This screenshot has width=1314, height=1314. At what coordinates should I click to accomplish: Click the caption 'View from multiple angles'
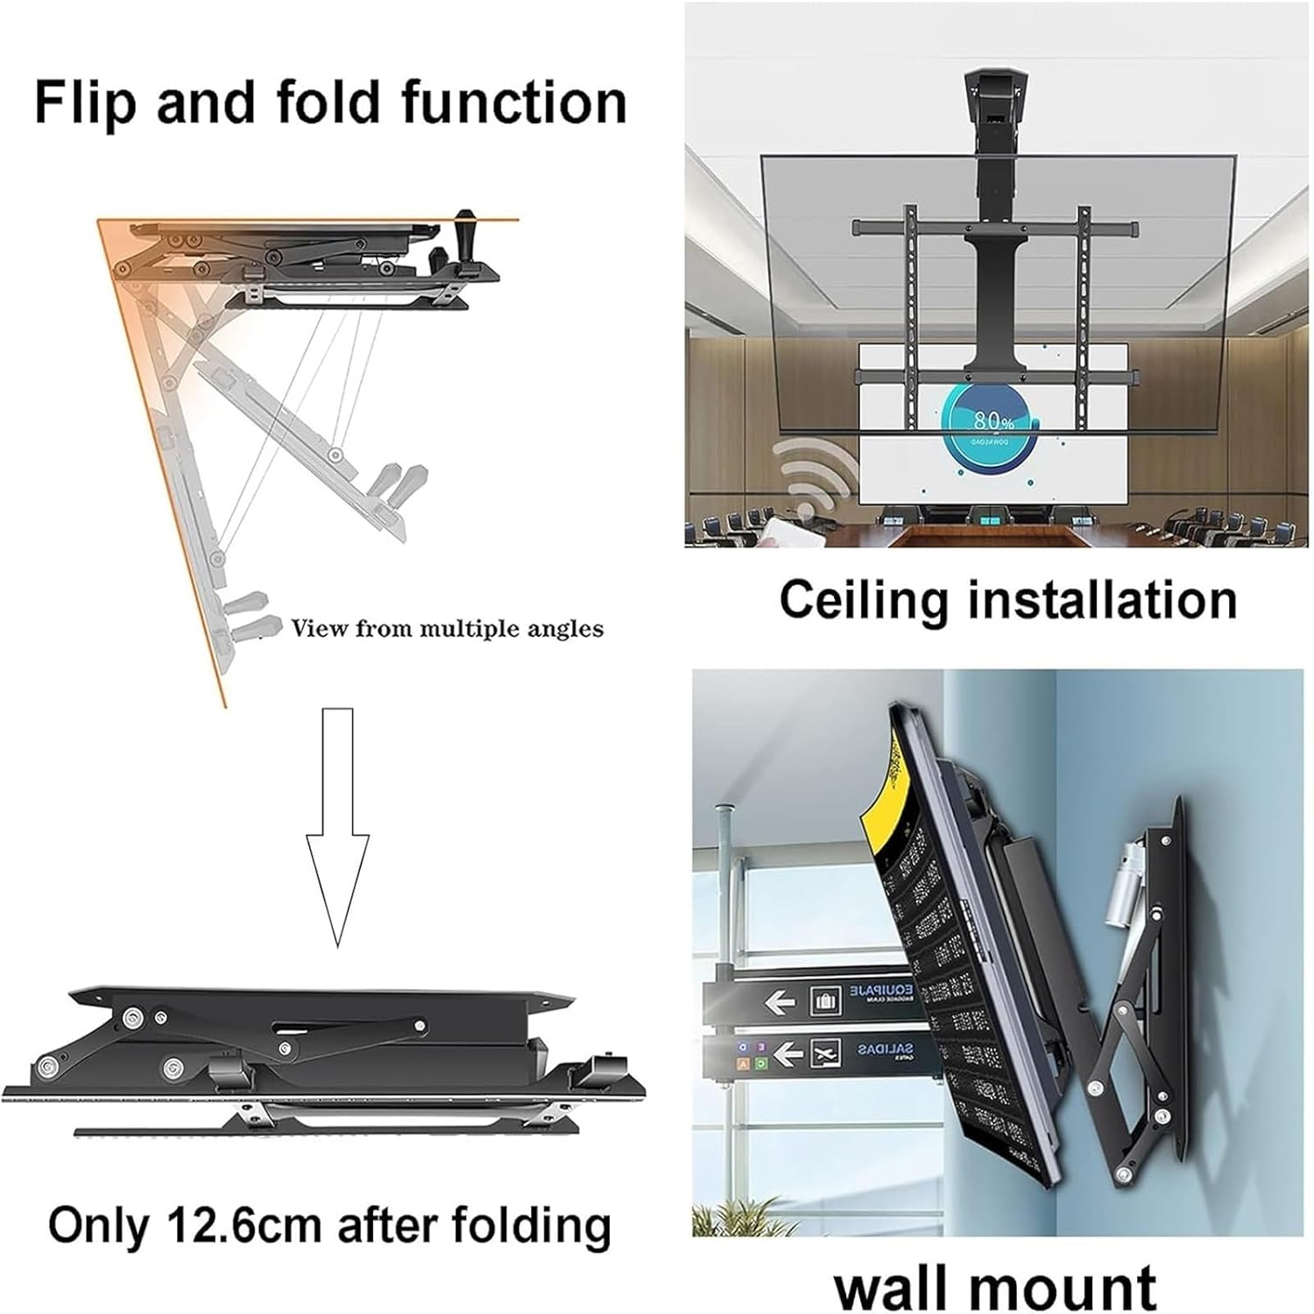(447, 628)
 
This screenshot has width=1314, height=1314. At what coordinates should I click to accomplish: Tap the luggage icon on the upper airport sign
(824, 999)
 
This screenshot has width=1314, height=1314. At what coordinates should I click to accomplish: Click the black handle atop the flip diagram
(463, 230)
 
